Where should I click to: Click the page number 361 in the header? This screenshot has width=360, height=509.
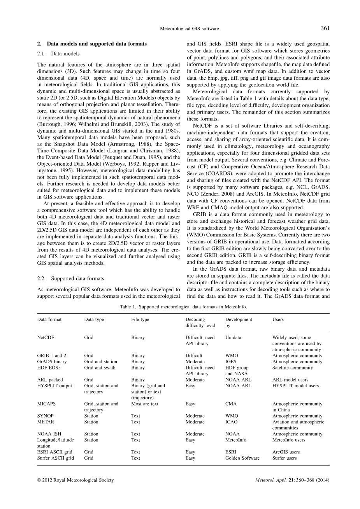pyautogui.click(x=325, y=28)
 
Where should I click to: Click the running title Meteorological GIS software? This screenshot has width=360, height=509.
pyautogui.click(x=190, y=28)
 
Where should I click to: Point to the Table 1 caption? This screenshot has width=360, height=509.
pyautogui.click(x=183, y=306)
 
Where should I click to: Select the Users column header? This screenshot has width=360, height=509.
pyautogui.click(x=278, y=320)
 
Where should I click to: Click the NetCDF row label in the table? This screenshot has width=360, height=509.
pyautogui.click(x=46, y=338)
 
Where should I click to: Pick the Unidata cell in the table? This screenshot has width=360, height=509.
pyautogui.click(x=233, y=338)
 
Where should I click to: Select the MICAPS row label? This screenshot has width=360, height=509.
pyautogui.click(x=46, y=404)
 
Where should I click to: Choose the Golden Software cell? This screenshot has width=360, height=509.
pyautogui.click(x=242, y=458)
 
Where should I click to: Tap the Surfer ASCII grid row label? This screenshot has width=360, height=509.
pyautogui.click(x=55, y=458)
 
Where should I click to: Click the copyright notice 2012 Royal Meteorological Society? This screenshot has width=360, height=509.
pyautogui.click(x=76, y=480)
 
